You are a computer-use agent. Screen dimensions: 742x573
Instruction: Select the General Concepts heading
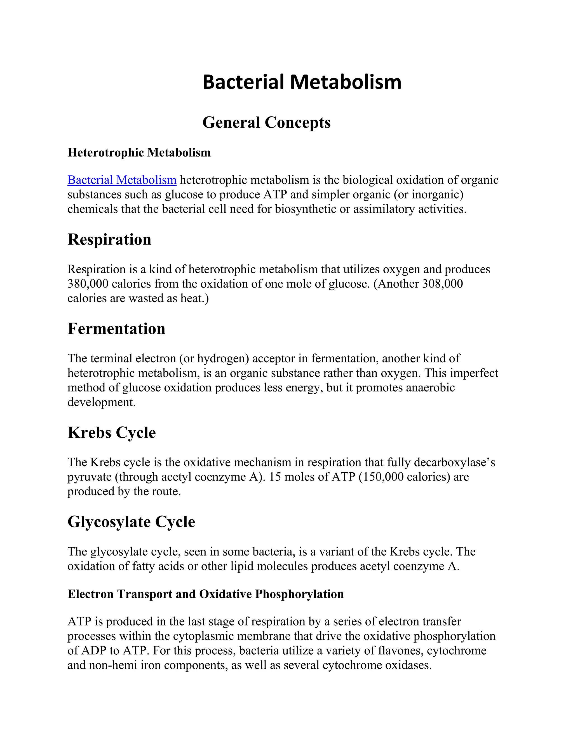pos(266,122)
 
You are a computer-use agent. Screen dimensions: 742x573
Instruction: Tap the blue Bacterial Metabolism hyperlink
pos(122,180)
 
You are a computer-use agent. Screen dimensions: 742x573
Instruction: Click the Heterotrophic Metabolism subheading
pos(139,153)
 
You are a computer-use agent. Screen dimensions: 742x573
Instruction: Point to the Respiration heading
pos(109,239)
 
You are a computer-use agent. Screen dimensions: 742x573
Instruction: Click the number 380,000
pos(88,284)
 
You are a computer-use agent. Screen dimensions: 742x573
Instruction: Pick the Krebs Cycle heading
pos(112,433)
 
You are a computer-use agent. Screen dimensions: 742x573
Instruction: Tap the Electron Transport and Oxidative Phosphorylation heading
pos(205,594)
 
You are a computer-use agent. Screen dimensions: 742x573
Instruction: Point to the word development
pos(101,402)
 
